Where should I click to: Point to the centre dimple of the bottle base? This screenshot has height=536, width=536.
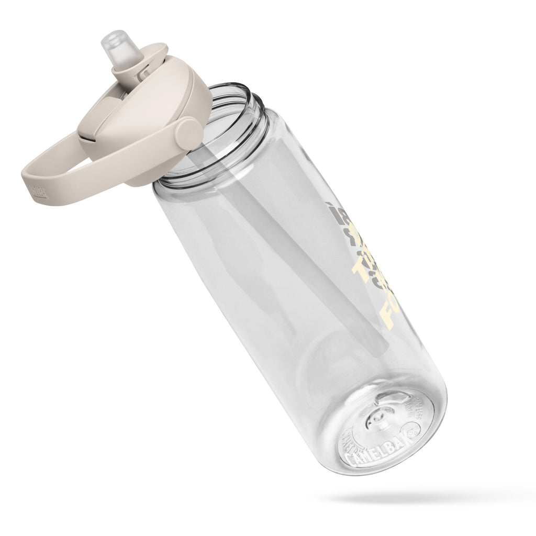pyautogui.click(x=377, y=418)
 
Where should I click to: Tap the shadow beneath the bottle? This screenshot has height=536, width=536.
pyautogui.click(x=419, y=494)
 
